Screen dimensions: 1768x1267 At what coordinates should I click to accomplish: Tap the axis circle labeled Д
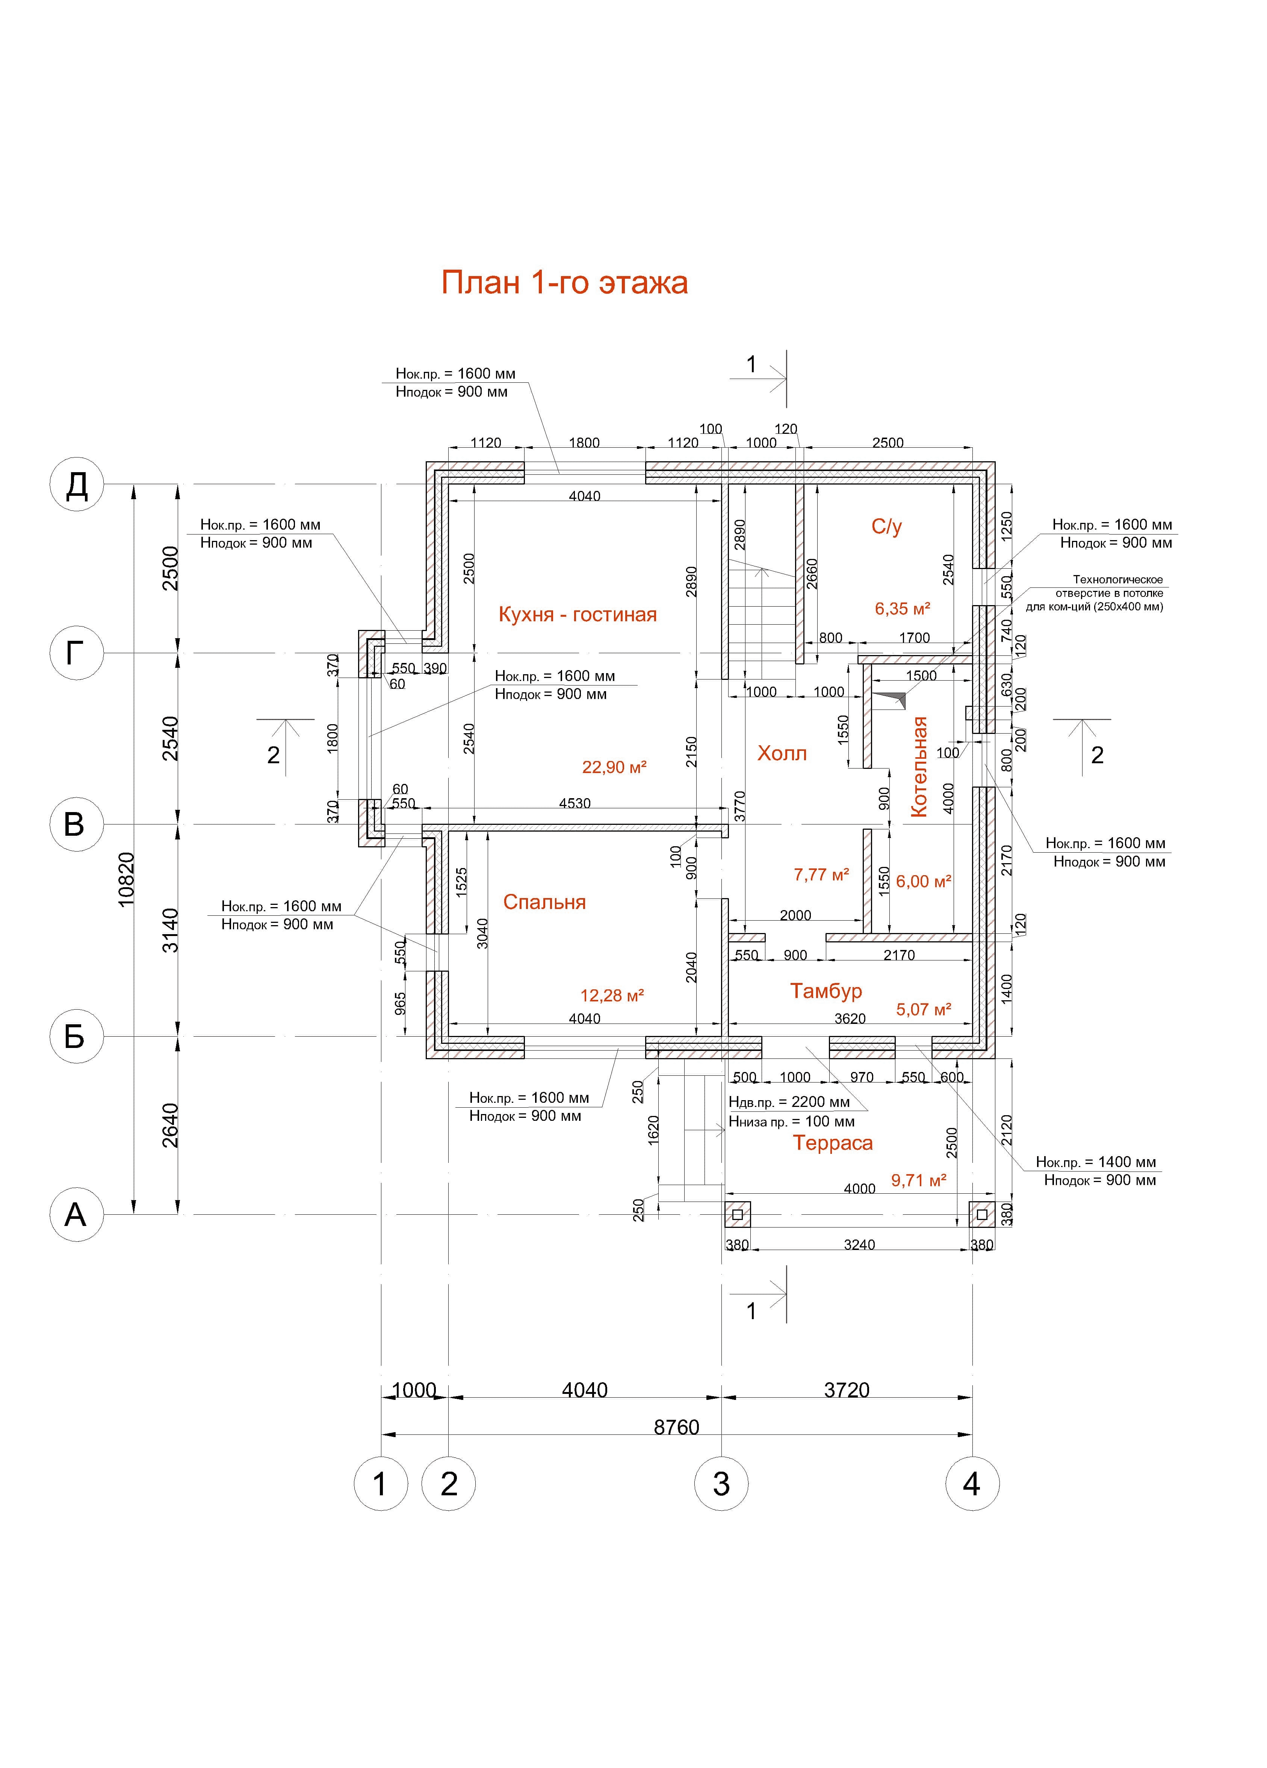point(76,485)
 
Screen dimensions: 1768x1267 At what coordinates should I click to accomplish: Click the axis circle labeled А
point(76,1214)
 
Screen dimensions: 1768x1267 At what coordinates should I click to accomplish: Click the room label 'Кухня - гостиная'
point(577,614)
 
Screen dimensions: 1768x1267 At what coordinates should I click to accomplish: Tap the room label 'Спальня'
point(544,902)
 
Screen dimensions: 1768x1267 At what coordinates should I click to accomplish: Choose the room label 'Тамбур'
point(826,991)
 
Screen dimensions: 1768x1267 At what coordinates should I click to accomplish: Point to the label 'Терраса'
point(833,1143)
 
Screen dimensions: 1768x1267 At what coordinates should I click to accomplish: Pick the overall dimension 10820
point(126,879)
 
